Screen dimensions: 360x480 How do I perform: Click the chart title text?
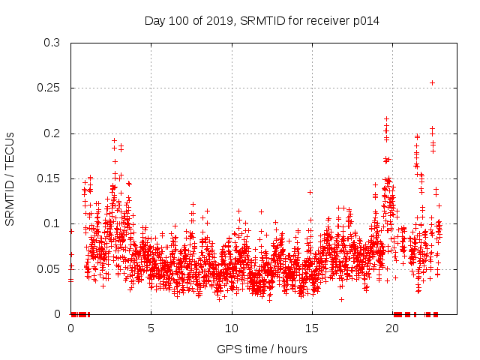[x=262, y=21]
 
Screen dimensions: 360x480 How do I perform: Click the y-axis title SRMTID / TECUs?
[x=10, y=178]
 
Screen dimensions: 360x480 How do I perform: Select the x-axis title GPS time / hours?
[x=262, y=349]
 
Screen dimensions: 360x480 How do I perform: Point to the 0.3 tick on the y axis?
[x=52, y=43]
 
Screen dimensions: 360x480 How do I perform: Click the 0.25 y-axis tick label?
[x=49, y=88]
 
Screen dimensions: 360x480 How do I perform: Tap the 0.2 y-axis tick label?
[x=52, y=133]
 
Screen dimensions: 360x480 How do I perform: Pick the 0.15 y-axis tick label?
[x=49, y=178]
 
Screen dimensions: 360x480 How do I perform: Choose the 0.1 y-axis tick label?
[x=52, y=223]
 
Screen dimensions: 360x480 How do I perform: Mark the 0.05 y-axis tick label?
[x=49, y=268]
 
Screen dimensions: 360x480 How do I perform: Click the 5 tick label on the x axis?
[x=151, y=328]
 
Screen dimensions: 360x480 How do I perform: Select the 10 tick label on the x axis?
[x=231, y=328]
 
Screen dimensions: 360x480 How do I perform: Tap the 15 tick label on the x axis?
[x=311, y=328]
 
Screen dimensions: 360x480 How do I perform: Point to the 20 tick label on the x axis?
[x=392, y=328]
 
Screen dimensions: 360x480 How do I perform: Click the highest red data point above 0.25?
[x=432, y=82]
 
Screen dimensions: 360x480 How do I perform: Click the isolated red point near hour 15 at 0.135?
[x=310, y=192]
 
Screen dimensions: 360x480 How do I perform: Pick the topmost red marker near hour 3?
[x=114, y=140]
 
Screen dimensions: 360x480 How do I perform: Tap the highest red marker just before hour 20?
[x=386, y=118]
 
